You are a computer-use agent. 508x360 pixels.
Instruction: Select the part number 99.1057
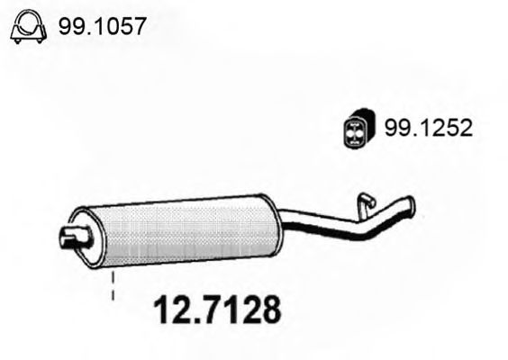pos(101,29)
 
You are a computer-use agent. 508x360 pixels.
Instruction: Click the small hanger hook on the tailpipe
pos(365,202)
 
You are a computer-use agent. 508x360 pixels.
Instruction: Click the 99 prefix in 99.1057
pos(68,29)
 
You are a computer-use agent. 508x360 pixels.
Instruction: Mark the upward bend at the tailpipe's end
pos(392,211)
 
